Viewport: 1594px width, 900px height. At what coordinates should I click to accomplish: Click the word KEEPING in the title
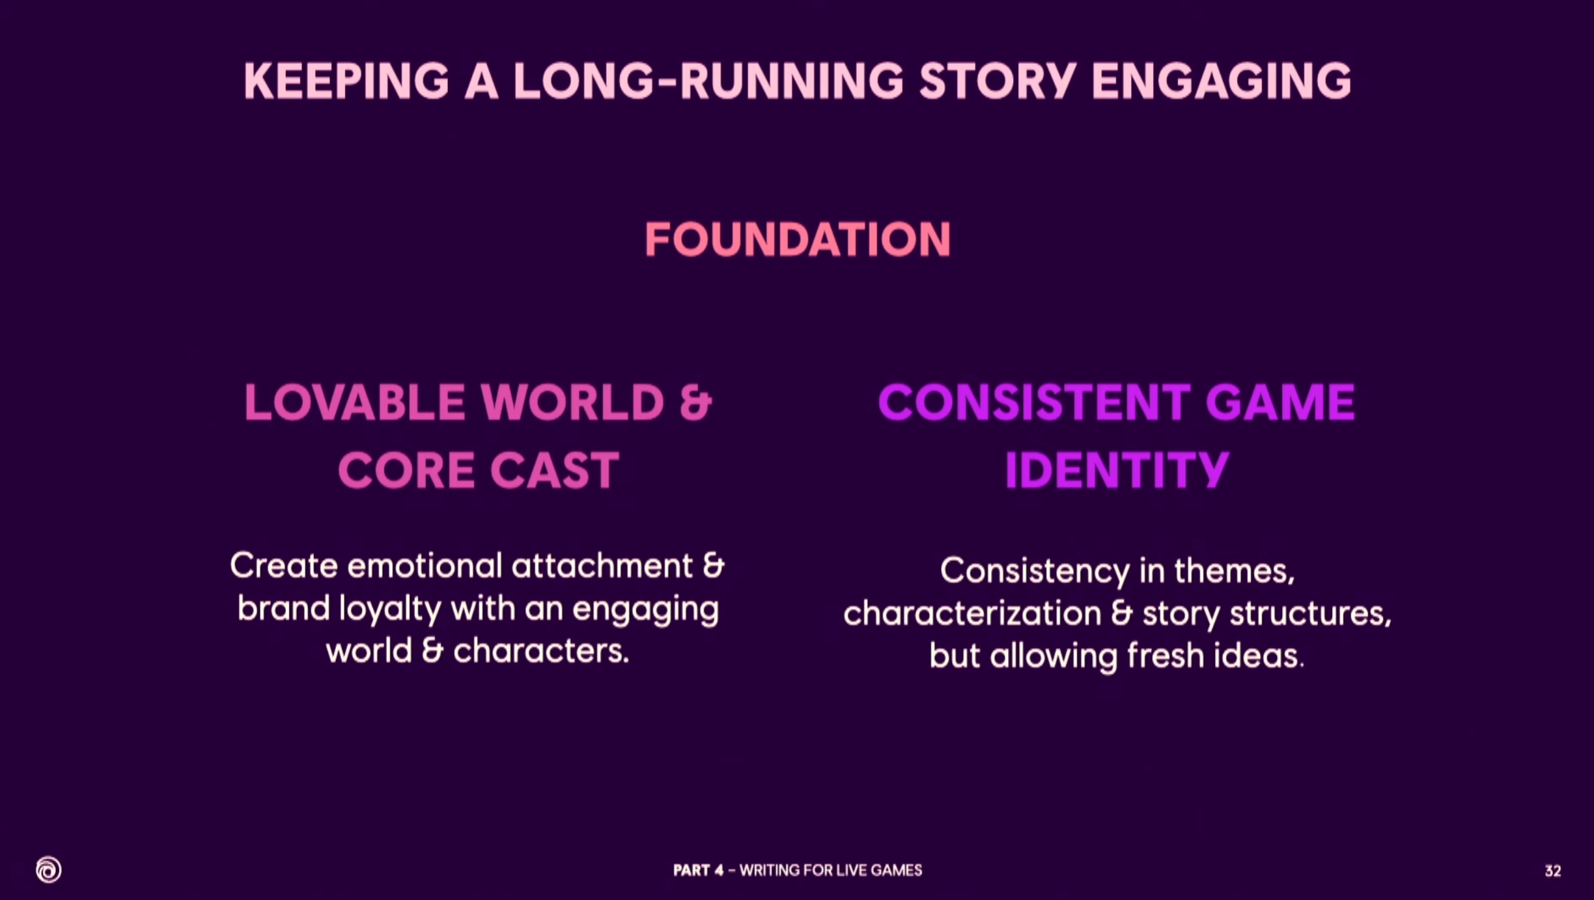346,81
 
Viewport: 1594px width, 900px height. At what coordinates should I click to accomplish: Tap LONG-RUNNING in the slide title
708,81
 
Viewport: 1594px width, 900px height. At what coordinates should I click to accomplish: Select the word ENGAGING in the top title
1221,81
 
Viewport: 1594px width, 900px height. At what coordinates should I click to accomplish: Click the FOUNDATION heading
798,239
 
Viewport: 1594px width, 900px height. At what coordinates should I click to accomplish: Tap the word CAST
554,470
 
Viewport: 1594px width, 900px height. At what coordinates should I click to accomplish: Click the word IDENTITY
1117,470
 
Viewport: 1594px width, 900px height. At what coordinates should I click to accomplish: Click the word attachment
602,565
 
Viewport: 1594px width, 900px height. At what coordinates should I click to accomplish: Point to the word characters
540,651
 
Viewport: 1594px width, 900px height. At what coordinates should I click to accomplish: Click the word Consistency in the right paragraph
1035,572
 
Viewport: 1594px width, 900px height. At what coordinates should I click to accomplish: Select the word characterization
972,613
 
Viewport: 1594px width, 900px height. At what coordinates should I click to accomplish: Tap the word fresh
1166,655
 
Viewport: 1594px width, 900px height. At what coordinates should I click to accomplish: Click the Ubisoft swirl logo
49,869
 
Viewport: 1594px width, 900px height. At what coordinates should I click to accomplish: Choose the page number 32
1553,871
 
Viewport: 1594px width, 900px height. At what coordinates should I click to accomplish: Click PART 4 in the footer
698,870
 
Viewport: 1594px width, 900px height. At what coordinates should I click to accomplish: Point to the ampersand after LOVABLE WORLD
696,402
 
